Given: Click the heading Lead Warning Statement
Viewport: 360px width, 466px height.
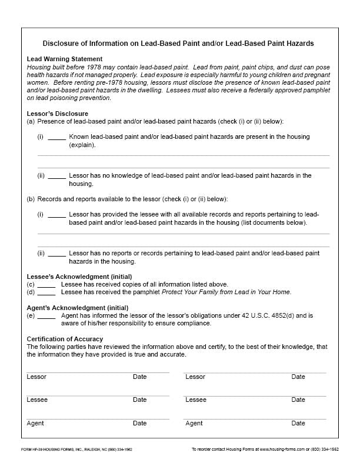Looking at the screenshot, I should click(x=65, y=59).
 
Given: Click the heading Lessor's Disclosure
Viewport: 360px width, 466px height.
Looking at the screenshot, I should click(x=58, y=113).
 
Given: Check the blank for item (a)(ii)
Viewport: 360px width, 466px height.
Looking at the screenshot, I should click(x=56, y=177).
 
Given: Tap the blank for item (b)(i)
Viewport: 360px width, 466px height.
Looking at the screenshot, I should click(x=56, y=215).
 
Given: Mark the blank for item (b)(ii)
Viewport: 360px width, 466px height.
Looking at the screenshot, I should click(x=56, y=254).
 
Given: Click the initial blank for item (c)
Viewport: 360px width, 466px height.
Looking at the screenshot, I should click(x=46, y=285).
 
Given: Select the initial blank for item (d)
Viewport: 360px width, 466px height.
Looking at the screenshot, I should click(x=46, y=292).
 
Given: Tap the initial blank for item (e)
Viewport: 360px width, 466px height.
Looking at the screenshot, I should click(x=46, y=316).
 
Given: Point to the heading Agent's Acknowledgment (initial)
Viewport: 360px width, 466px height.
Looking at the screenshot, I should click(x=77, y=308).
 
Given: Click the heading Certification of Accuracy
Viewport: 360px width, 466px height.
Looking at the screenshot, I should click(x=65, y=339).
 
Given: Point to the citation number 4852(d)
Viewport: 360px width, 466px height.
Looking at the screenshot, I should click(x=284, y=316).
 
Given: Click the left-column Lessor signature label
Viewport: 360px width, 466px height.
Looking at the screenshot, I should click(x=36, y=377).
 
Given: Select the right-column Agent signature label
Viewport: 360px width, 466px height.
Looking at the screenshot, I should click(x=194, y=423).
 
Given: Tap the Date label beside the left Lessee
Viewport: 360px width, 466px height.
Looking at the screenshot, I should click(x=139, y=400).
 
